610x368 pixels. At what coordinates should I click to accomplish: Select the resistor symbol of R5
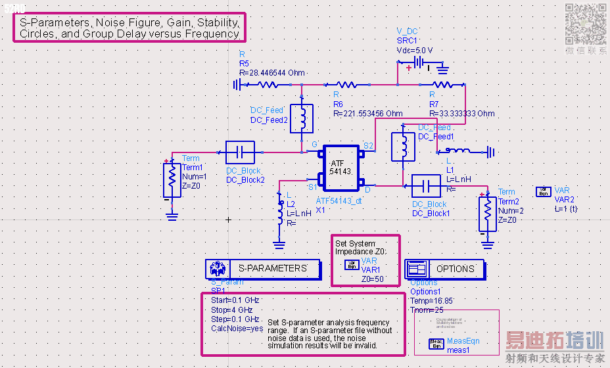point(268,84)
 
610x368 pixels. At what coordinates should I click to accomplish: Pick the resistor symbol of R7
point(442,84)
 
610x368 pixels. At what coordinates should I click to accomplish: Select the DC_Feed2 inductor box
point(302,118)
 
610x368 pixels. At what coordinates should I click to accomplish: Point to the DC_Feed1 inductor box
point(402,146)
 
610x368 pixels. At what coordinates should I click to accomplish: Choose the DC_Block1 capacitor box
point(426,186)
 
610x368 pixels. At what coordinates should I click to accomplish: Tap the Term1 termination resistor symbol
point(172,180)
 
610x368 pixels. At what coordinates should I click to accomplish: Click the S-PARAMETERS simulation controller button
point(263,268)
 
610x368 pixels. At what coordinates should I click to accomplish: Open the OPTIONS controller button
point(444,268)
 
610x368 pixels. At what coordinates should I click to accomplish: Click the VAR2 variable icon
point(543,191)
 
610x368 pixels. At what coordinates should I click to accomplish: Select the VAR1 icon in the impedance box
point(351,265)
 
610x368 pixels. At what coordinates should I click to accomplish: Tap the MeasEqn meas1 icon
point(436,342)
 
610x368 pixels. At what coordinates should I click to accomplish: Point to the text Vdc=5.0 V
point(415,49)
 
